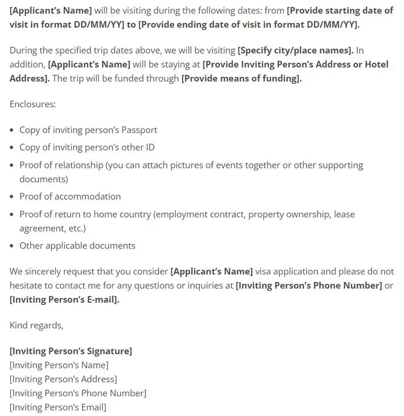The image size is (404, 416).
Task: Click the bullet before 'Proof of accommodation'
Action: (x=13, y=197)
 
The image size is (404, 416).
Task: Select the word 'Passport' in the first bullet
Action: (x=139, y=130)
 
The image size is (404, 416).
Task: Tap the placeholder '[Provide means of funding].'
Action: (x=241, y=78)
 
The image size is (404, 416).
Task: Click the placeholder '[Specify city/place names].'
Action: (x=295, y=50)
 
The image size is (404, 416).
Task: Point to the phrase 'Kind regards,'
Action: (x=36, y=325)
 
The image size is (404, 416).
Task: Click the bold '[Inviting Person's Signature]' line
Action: (x=71, y=351)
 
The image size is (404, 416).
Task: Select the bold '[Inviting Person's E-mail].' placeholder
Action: (x=65, y=299)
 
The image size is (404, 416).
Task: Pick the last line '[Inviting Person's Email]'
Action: (x=58, y=407)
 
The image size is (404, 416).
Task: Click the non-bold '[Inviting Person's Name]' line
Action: (x=59, y=365)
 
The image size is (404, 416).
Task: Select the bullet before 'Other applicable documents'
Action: (x=13, y=246)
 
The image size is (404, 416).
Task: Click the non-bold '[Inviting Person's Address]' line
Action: (x=63, y=379)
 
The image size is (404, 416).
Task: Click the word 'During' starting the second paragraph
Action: (x=23, y=50)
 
